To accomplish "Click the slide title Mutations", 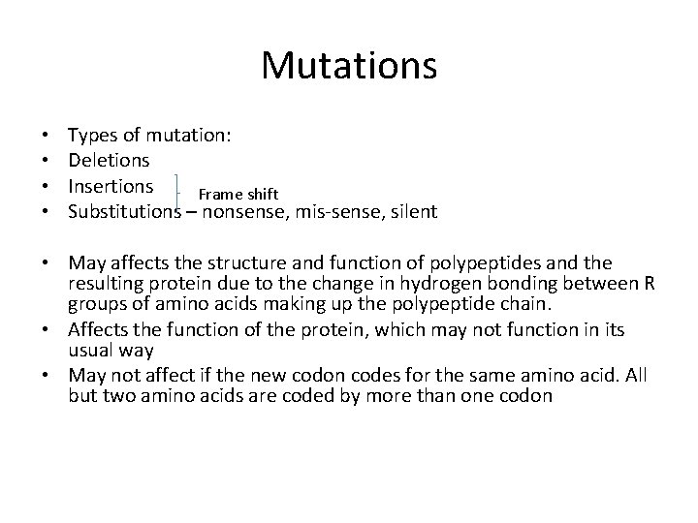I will pos(349,66).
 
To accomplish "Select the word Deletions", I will pos(109,160).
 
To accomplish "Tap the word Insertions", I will pos(111,185).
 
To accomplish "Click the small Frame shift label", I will pos(238,196).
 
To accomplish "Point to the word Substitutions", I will pos(124,210).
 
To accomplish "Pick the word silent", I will pos(414,210).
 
